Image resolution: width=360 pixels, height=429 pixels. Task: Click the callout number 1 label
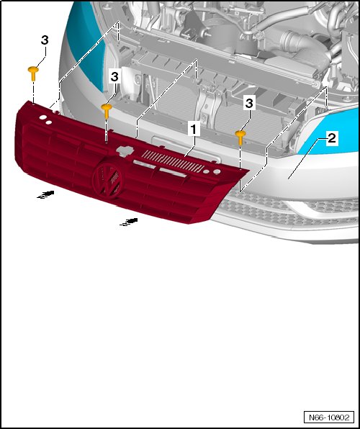click(194, 130)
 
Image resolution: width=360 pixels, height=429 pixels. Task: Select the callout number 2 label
click(331, 138)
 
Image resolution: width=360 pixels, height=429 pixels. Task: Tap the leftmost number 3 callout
click(45, 40)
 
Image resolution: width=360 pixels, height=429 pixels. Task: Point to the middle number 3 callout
click(114, 76)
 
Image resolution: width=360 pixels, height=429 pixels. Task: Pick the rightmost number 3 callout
click(249, 104)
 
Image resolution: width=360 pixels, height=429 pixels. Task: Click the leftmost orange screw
click(33, 73)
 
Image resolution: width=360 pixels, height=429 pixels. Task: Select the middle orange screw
click(107, 111)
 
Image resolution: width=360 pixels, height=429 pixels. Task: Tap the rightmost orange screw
click(240, 137)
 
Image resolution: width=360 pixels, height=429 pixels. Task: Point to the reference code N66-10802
click(329, 417)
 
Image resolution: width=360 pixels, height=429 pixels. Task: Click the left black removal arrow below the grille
click(45, 194)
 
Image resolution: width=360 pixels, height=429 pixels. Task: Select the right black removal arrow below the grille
click(129, 222)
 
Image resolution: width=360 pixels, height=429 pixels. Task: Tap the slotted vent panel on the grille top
click(173, 161)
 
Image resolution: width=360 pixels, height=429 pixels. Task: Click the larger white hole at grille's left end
click(43, 117)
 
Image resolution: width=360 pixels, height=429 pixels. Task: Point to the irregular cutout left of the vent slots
click(125, 150)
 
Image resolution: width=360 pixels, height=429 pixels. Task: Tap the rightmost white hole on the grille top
click(217, 172)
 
